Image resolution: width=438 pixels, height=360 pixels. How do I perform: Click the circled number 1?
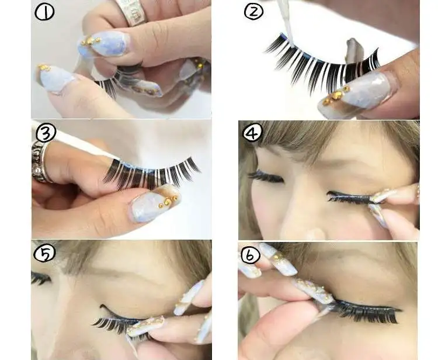tap(44, 13)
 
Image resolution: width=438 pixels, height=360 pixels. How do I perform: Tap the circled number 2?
tap(253, 12)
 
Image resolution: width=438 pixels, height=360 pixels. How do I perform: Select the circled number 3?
tap(46, 133)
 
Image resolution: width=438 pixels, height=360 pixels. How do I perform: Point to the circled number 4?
tap(253, 133)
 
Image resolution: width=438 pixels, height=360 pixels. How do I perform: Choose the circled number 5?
tap(44, 253)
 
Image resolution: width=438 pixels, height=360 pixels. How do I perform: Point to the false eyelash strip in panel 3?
tap(151, 174)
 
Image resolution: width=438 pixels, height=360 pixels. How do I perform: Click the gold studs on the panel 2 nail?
tap(336, 96)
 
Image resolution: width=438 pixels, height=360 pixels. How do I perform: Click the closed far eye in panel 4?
tap(265, 177)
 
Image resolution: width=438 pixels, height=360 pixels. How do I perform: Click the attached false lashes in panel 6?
tap(366, 311)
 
